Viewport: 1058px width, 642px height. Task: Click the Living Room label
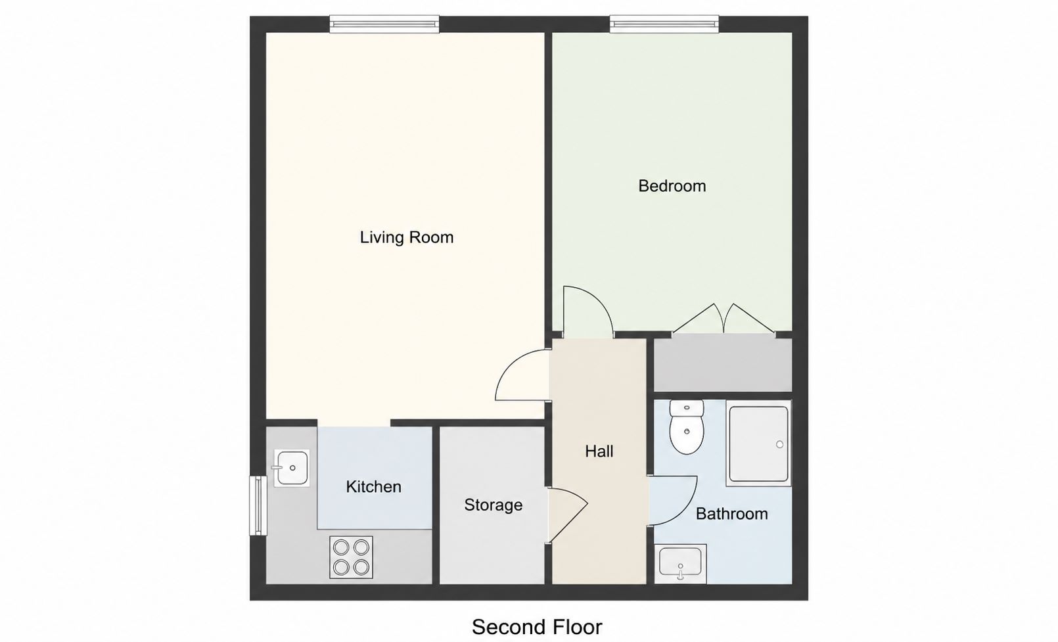[407, 237]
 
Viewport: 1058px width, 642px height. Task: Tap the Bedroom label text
[672, 186]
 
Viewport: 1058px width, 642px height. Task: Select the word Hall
[599, 451]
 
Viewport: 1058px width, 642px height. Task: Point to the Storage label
[493, 505]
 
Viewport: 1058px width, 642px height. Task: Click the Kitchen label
[374, 486]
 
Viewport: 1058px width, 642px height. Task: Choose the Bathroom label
[731, 513]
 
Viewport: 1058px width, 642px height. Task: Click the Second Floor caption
[537, 628]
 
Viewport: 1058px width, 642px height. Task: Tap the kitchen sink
[292, 468]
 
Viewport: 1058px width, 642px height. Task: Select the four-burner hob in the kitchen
[351, 557]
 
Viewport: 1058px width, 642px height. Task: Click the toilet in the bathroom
[687, 427]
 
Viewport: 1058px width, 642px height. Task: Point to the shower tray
[758, 444]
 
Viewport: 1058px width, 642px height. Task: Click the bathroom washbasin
[681, 564]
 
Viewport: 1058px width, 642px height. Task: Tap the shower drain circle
[780, 444]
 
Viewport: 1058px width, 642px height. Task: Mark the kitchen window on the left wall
[258, 505]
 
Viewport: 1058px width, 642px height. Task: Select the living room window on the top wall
[384, 24]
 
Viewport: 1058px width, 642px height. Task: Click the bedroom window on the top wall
[664, 24]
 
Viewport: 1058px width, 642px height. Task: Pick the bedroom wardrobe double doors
[724, 319]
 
